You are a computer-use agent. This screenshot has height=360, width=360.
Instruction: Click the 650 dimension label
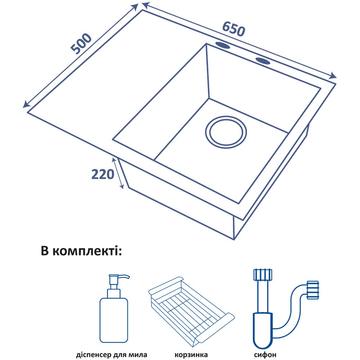point(234,29)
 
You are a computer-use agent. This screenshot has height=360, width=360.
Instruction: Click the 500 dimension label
point(81,44)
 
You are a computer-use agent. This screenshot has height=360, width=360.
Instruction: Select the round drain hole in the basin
point(226,132)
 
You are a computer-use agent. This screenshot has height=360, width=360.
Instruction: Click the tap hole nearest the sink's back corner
point(224,46)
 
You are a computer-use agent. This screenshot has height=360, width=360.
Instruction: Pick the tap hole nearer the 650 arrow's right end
point(264,60)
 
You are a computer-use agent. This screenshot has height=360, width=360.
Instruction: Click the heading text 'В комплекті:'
point(82,251)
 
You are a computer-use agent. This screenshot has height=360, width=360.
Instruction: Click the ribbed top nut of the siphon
point(262,274)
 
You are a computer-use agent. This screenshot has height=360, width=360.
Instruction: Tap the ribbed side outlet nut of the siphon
point(312,290)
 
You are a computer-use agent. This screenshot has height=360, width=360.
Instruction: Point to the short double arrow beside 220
point(120,174)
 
